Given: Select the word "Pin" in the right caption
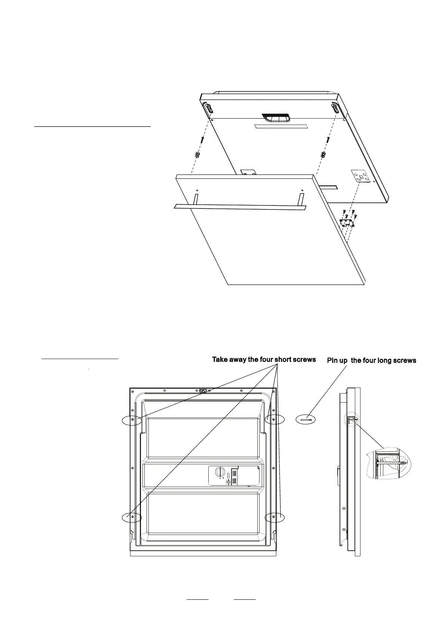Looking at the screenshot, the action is pyautogui.click(x=333, y=361).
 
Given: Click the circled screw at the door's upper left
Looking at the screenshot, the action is pyautogui.click(x=132, y=420).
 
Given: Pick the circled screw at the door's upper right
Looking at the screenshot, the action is pyautogui.click(x=274, y=420).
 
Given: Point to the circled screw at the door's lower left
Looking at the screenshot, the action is pyautogui.click(x=132, y=517).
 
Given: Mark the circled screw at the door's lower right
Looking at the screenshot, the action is pyautogui.click(x=274, y=517).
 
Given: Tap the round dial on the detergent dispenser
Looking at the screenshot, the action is pyautogui.click(x=219, y=473).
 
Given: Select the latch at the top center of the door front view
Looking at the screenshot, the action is pyautogui.click(x=204, y=392).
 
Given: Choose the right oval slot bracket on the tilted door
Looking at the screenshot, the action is pyautogui.click(x=335, y=108).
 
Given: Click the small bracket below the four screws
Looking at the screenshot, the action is pyautogui.click(x=347, y=224).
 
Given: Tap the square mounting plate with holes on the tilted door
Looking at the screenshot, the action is pyautogui.click(x=361, y=176).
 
